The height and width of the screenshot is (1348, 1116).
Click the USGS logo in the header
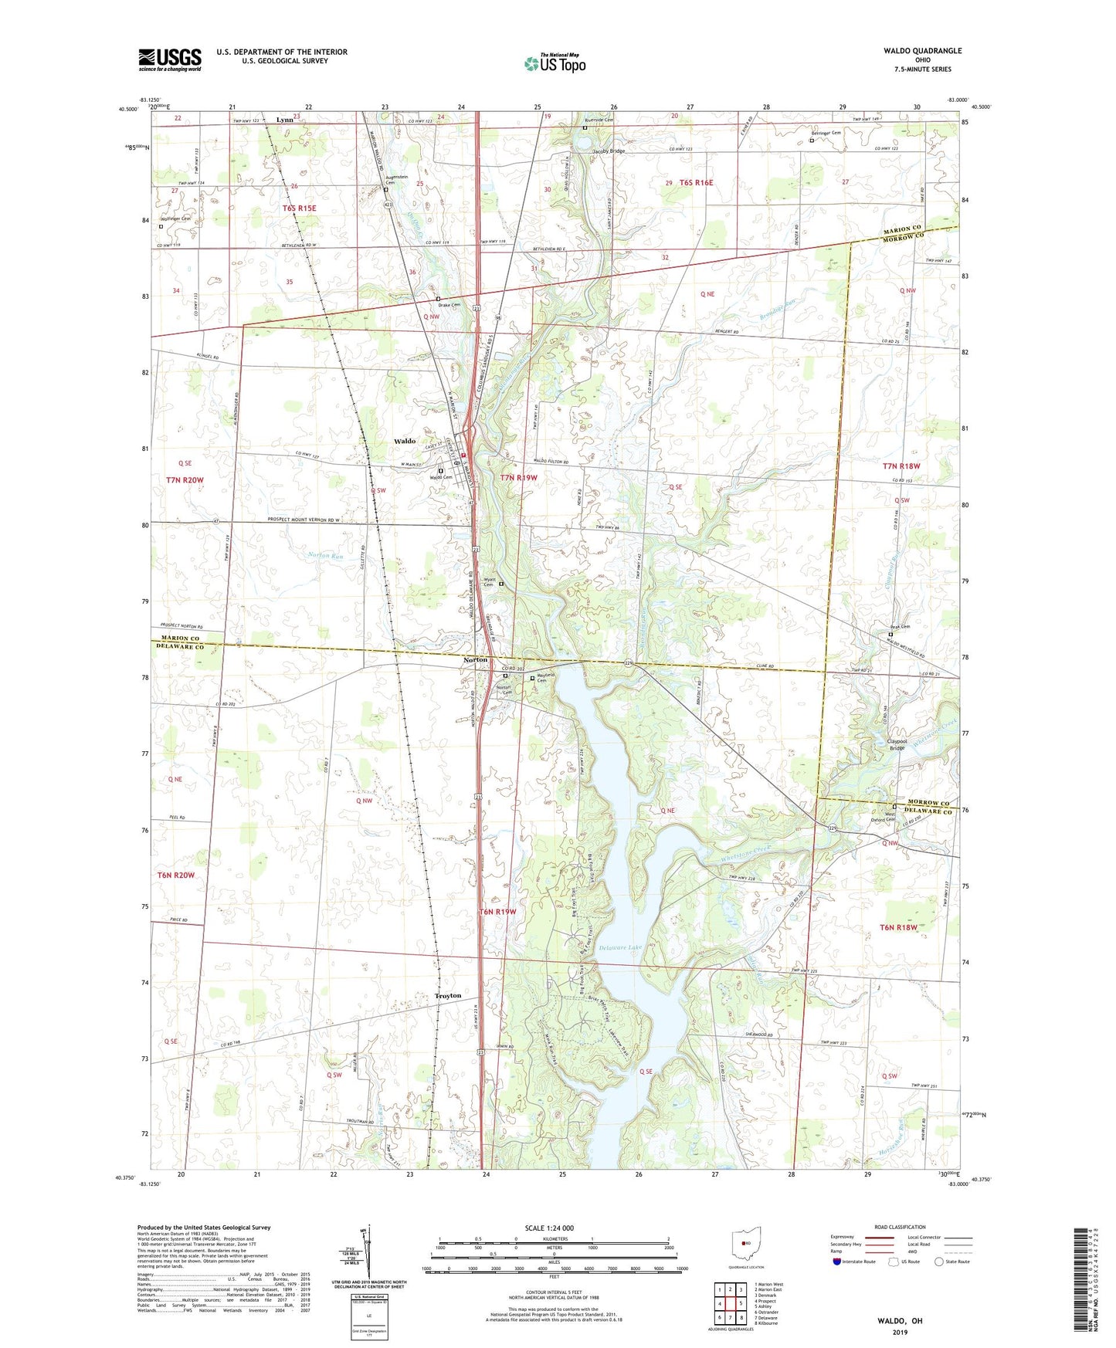170,59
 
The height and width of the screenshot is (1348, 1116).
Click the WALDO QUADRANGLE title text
923,51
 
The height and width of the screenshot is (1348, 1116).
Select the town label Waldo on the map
405,441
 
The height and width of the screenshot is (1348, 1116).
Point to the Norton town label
476,660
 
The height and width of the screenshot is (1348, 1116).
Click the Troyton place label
448,995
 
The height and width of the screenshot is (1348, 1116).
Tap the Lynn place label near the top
284,120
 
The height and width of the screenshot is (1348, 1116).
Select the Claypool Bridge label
897,744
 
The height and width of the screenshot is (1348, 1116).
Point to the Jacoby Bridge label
609,151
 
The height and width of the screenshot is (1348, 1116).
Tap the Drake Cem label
450,305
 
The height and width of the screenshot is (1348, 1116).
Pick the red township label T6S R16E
696,183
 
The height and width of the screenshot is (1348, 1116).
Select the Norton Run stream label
325,555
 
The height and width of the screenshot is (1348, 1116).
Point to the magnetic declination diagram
368,1254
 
